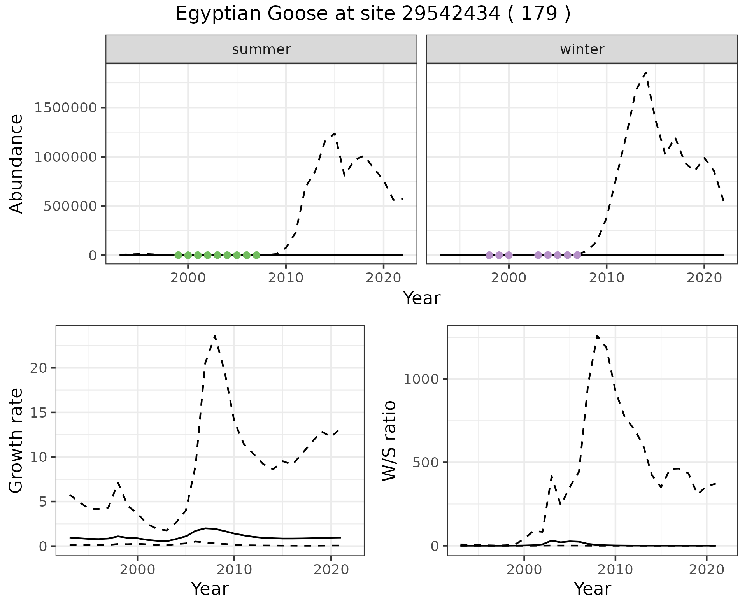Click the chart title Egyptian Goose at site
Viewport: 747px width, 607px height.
[x=373, y=14]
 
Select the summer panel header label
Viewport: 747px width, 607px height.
[x=261, y=49]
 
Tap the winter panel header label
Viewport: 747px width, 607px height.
[x=582, y=49]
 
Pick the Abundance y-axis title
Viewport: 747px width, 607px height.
[x=16, y=163]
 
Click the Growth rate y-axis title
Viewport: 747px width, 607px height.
[x=16, y=440]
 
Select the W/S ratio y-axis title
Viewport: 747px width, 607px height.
[x=389, y=440]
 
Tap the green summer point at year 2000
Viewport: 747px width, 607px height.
[x=188, y=255]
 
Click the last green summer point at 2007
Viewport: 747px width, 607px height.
[x=256, y=255]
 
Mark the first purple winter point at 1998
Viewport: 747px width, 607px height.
[x=489, y=255]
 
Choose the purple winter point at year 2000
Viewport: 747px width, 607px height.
[x=509, y=255]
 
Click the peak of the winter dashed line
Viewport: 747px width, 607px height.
[x=645, y=73]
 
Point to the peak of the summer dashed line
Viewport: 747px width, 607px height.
[x=335, y=133]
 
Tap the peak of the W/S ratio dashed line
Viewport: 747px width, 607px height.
[x=597, y=336]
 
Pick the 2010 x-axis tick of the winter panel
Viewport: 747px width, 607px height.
[x=606, y=278]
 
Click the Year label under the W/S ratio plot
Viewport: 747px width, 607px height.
[x=592, y=589]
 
